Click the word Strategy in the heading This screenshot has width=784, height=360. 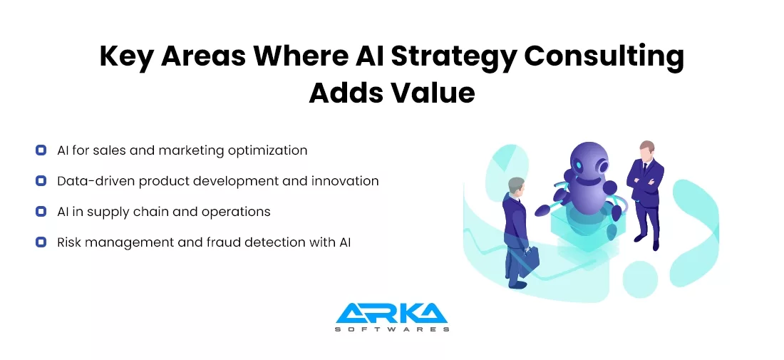tap(453, 56)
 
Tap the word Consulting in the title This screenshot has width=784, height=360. tap(604, 56)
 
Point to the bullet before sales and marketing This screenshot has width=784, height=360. tap(41, 150)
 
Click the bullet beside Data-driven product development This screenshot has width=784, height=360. tap(41, 180)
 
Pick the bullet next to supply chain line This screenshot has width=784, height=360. tap(41, 212)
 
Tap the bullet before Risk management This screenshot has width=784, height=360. tap(41, 242)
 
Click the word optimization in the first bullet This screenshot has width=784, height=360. tap(267, 150)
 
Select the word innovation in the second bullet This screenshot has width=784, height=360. tap(345, 180)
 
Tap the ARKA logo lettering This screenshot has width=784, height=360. tap(392, 313)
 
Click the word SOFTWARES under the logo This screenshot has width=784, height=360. tap(392, 329)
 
